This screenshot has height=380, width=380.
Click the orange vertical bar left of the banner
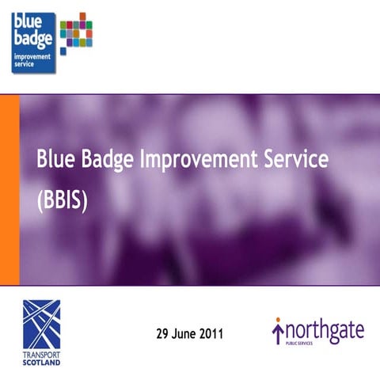(x=9, y=190)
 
